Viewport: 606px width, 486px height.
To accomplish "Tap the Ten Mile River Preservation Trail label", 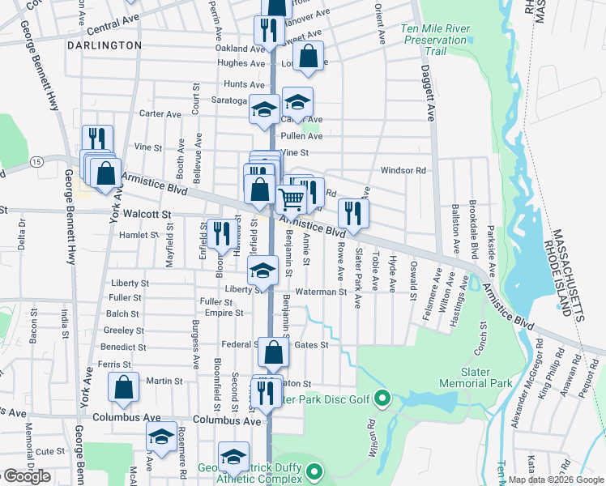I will [x=436, y=40].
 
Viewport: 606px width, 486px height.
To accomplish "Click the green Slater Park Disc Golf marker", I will [x=384, y=398].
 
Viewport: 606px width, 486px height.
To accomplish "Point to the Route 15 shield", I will [x=37, y=162].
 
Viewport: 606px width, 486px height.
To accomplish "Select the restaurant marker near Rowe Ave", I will [x=353, y=212].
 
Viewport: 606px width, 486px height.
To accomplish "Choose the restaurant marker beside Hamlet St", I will [x=219, y=233].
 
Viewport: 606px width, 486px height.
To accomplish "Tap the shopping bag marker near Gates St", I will [x=274, y=352].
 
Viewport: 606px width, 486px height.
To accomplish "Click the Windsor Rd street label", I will [x=403, y=171].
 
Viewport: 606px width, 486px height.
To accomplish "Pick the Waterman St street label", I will [x=321, y=292].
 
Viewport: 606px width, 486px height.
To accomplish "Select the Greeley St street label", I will [x=124, y=330].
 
